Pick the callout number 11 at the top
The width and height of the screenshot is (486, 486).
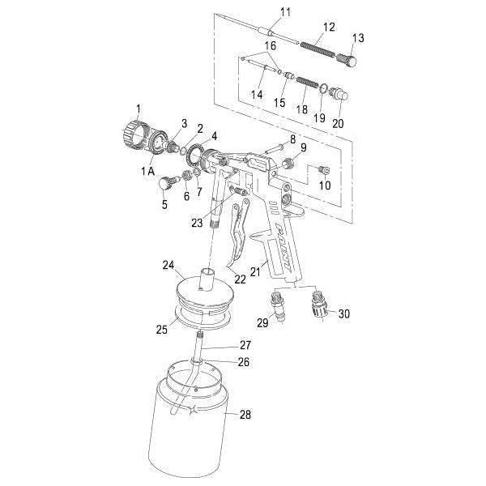[262, 11]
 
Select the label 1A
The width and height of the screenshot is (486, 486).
[147, 171]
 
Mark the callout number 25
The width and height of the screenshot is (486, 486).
[162, 330]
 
